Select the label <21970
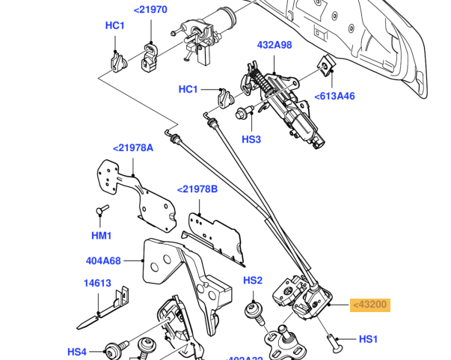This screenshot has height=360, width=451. (150, 10)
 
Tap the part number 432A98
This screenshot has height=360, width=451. (274, 46)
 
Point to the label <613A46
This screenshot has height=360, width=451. (334, 96)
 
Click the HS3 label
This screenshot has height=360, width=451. (251, 139)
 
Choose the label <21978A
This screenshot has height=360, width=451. (133, 147)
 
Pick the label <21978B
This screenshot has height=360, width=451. (197, 189)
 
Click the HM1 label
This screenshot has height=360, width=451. (102, 236)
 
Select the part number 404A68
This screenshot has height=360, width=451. (103, 261)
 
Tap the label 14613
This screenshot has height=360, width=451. (98, 284)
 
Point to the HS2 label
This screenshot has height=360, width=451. (253, 281)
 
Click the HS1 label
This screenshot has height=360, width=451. (369, 339)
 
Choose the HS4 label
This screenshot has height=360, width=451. (77, 351)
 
